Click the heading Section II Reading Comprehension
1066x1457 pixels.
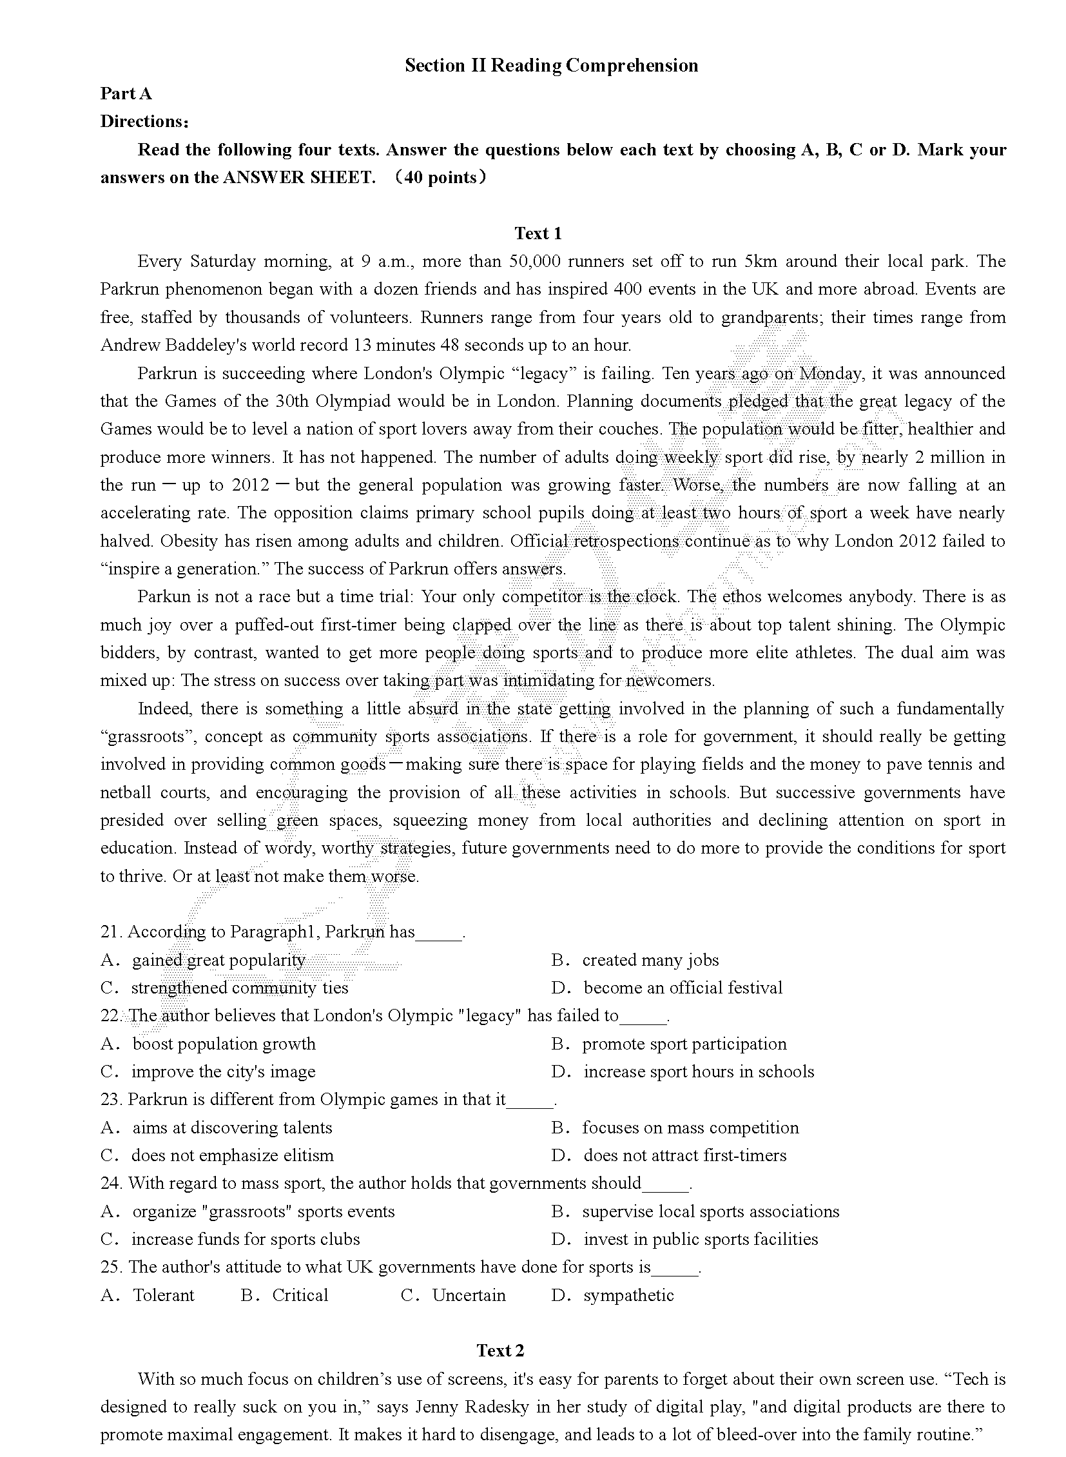coord(551,66)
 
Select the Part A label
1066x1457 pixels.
coord(126,94)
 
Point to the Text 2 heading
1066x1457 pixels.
coord(500,1350)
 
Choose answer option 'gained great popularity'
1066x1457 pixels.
coord(218,960)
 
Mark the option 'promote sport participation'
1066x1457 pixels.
coord(684,1044)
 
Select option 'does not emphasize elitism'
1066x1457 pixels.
coord(232,1155)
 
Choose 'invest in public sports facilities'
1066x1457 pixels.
coord(700,1239)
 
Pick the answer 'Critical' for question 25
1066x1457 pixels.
coord(300,1295)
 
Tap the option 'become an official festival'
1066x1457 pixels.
coord(683,988)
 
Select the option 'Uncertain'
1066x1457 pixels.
coord(469,1295)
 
